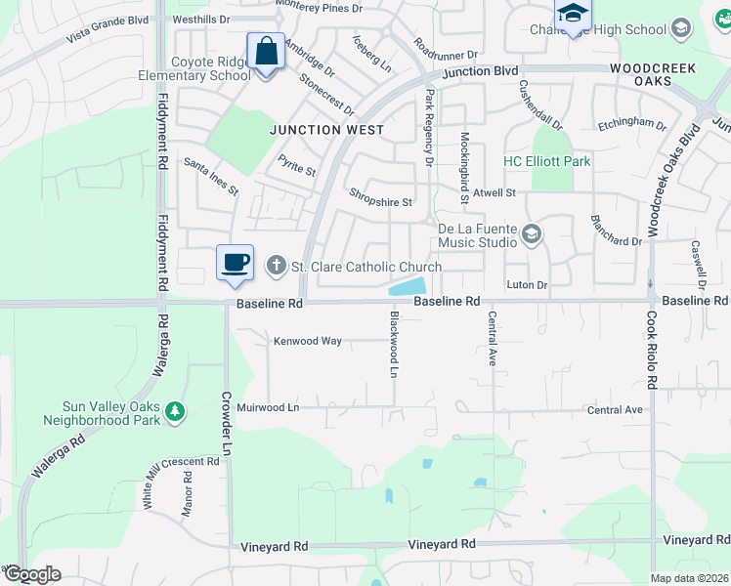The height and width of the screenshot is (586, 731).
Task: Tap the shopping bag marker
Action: pos(266,52)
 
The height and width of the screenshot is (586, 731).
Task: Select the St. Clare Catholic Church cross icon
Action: pos(277,265)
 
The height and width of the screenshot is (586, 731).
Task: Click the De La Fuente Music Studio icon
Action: pos(532,233)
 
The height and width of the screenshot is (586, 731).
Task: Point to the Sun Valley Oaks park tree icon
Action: pos(175,412)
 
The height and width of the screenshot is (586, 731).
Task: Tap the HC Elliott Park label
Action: pos(547,161)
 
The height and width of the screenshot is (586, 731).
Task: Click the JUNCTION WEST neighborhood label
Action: pos(326,130)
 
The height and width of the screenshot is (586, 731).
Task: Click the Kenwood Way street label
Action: pos(307,341)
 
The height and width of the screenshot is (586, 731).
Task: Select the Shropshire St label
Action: pos(381,203)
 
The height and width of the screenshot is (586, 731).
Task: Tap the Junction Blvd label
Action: pos(479,71)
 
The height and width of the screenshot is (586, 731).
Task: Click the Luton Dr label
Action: pos(527,284)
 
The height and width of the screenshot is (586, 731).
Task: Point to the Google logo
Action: pos(32,574)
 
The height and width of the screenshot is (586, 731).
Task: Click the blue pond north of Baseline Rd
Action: pos(408,287)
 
